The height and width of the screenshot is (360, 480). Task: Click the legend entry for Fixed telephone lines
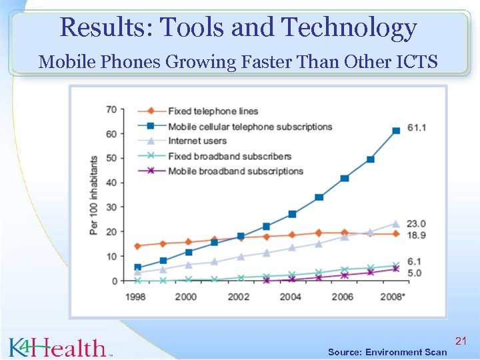coord(213,111)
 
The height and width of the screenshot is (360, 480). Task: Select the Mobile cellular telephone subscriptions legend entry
coord(249,126)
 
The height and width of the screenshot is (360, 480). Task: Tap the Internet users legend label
coord(197,141)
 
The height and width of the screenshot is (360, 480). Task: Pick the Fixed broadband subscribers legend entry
coord(229,156)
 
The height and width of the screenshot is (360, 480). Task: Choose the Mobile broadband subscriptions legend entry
coord(235,171)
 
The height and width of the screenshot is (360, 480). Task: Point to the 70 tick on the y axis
coord(111,109)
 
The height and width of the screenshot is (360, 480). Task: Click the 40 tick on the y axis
coord(111,183)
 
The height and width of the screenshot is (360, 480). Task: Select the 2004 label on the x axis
coord(291,297)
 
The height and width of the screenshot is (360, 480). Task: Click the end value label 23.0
coord(417,223)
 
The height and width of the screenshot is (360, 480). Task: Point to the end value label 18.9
coord(417,235)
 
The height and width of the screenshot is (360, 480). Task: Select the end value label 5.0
coord(415,273)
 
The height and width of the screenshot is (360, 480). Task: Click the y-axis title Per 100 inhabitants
coord(94,195)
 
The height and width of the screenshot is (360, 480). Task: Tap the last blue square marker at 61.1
coord(396,131)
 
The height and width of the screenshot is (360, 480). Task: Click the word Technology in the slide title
coord(349,28)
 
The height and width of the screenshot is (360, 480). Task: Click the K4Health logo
coord(59,347)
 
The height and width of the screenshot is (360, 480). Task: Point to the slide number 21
coord(460,341)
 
